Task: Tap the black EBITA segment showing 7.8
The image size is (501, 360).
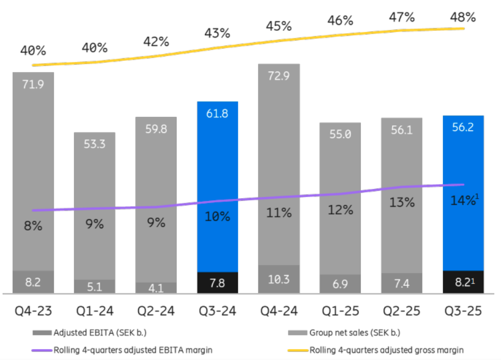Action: [x=217, y=283]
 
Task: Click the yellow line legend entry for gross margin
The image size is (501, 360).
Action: [x=387, y=350]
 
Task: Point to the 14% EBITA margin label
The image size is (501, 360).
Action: [x=462, y=201]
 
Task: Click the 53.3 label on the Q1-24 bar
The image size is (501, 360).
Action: [x=94, y=143]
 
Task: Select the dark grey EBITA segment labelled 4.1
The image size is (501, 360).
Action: [x=156, y=287]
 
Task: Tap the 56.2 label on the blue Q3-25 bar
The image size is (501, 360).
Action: [x=463, y=127]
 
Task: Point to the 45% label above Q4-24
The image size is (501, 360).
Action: [x=279, y=26]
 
